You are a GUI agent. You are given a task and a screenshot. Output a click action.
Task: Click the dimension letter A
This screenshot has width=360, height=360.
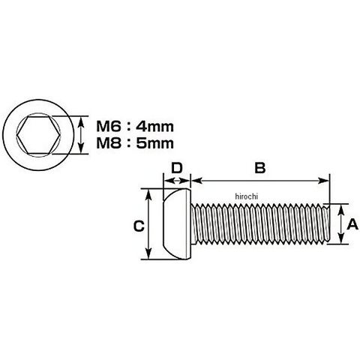352,224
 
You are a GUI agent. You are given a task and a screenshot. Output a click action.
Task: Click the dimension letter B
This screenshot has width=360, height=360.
260,168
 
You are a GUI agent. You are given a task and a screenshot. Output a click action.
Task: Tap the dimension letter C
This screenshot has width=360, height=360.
139,226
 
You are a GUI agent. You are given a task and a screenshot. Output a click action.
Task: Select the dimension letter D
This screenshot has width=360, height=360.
177,168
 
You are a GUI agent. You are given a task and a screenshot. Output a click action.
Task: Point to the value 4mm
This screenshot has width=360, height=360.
154,126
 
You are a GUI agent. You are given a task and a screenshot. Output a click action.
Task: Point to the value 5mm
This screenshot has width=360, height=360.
154,143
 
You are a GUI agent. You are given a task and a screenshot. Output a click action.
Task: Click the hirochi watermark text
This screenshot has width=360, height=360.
246,196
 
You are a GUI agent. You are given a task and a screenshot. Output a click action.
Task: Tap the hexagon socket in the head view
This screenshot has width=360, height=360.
38,135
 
